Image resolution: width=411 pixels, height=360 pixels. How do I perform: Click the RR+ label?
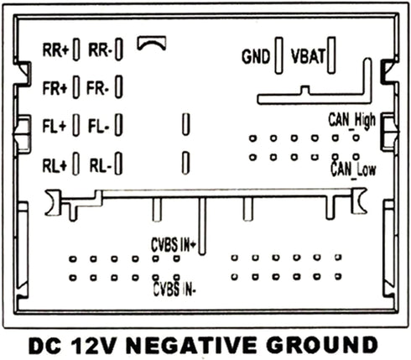click(x=55, y=50)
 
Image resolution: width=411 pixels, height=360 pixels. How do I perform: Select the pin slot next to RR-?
click(x=119, y=50)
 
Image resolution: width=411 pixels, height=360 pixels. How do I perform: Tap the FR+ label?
click(x=55, y=88)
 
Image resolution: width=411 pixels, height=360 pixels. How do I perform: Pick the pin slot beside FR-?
click(x=119, y=87)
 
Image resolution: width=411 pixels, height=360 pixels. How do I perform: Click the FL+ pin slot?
click(x=75, y=125)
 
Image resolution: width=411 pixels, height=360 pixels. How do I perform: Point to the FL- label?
click(x=99, y=126)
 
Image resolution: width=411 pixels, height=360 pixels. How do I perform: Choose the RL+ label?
click(x=55, y=165)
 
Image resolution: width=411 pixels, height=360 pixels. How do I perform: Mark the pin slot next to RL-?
click(x=118, y=164)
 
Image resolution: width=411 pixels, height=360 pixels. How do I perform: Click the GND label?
click(x=256, y=56)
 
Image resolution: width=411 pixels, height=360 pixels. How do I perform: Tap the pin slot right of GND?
click(x=278, y=55)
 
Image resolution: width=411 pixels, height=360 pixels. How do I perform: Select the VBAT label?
click(x=308, y=56)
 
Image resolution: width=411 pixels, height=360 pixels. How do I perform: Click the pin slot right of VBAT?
click(x=331, y=55)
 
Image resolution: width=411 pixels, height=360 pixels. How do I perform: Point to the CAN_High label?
click(x=351, y=121)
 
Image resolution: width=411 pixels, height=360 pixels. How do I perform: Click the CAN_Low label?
click(x=353, y=170)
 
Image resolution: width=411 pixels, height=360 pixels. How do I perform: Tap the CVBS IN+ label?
click(x=174, y=245)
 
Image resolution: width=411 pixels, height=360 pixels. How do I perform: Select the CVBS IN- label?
click(x=174, y=289)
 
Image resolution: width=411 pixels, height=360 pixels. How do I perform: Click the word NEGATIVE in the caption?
click(x=191, y=345)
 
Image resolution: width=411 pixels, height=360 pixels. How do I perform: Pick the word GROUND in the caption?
click(x=322, y=345)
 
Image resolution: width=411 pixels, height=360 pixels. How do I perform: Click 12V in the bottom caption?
click(x=94, y=345)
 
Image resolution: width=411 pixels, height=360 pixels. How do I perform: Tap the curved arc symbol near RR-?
click(x=152, y=44)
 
